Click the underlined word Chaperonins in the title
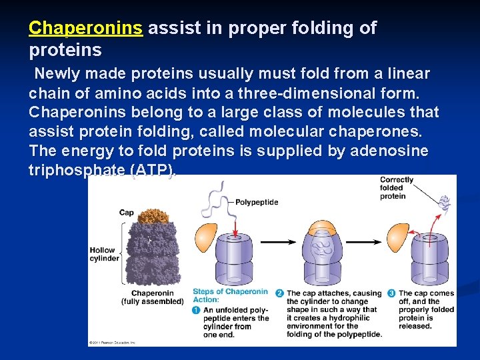(x=85, y=28)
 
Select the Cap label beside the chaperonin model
(x=126, y=213)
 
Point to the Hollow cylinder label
(x=105, y=254)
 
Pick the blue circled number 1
(x=196, y=311)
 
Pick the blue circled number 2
(x=280, y=293)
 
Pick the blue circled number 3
(x=391, y=293)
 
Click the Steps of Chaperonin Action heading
(x=229, y=295)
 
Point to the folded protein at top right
(x=444, y=203)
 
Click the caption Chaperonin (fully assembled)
(x=152, y=297)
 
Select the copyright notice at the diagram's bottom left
(x=113, y=343)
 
